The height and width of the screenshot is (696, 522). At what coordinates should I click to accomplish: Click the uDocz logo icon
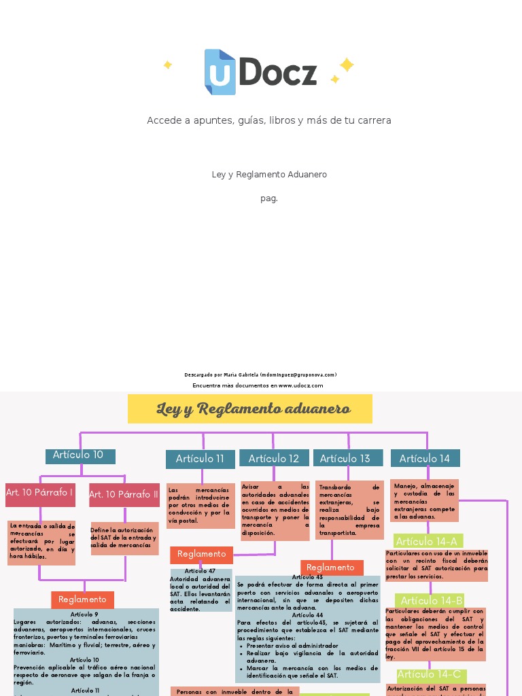220,72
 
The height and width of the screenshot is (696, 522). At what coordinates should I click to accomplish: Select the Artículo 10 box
80,456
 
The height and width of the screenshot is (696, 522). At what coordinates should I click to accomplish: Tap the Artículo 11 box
201,459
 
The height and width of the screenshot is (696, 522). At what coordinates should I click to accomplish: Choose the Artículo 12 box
274,459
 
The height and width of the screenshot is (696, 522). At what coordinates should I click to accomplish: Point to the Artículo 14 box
425,459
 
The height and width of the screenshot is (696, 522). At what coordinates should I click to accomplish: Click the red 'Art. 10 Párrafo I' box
40,494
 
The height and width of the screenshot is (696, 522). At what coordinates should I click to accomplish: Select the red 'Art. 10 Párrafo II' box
124,495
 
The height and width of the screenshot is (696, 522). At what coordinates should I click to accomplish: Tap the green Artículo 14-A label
428,542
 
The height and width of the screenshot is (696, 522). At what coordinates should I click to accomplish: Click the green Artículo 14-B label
432,601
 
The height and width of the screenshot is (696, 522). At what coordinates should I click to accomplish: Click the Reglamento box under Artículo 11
201,555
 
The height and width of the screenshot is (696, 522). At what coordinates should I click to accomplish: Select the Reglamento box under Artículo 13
331,568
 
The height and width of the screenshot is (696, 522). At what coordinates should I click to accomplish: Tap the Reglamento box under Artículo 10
82,599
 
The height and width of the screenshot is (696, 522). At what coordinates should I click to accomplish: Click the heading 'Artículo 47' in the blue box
200,572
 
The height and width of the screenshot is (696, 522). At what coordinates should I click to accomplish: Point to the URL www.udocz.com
300,385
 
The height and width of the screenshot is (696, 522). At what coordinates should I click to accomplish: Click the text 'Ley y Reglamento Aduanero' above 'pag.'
269,175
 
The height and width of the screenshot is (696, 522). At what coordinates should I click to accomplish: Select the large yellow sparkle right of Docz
347,65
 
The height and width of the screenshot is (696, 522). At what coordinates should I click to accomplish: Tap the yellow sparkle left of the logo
167,65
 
